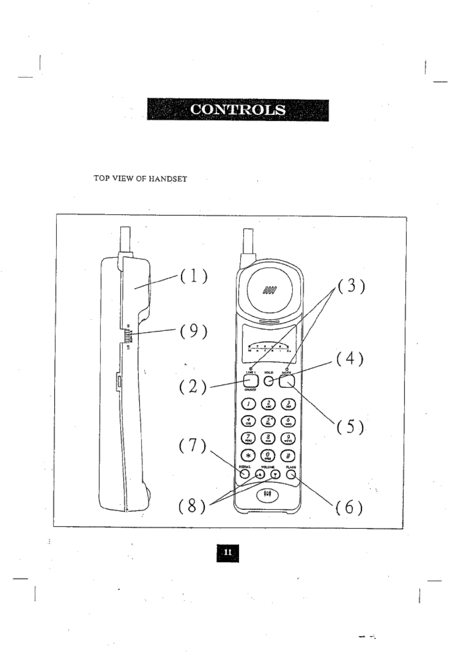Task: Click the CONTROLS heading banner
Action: [x=238, y=110]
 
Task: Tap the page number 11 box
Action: [x=227, y=552]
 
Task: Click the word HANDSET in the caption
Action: [x=167, y=179]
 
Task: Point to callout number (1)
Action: [x=193, y=277]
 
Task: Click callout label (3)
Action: [x=350, y=286]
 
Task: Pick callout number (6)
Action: [x=349, y=507]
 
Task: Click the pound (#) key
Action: [x=288, y=455]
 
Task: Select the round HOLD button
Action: [x=269, y=381]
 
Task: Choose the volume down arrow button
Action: [x=275, y=475]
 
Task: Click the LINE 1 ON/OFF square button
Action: [x=251, y=381]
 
